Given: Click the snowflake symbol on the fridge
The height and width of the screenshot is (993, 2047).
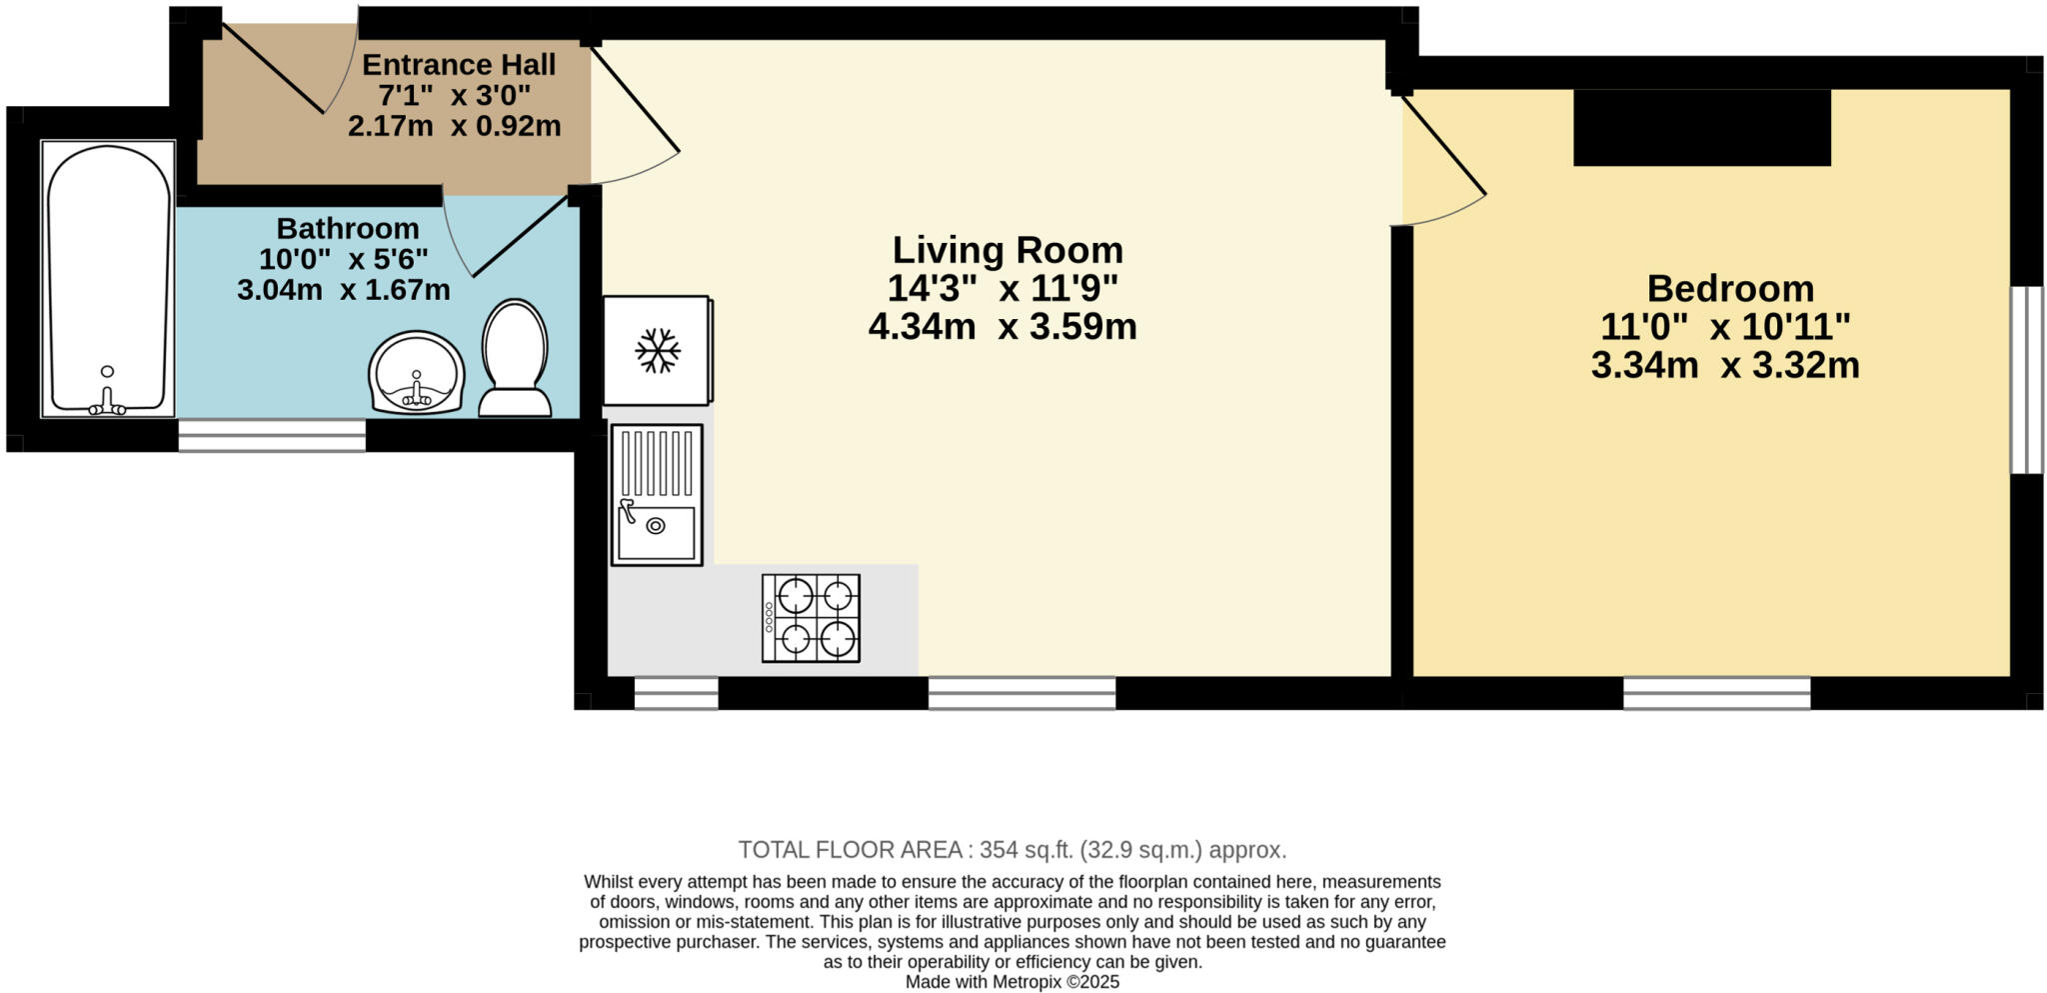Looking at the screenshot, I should click(x=658, y=351).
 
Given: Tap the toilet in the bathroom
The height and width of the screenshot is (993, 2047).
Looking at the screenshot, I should click(x=515, y=358).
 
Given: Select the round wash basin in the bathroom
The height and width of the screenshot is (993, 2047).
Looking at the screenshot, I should click(x=417, y=373).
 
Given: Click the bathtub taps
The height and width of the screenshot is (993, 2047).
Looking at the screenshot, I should click(x=107, y=404).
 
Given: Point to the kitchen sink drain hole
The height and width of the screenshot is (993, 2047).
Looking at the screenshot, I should click(x=656, y=525).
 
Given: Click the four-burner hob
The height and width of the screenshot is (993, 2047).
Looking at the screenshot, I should click(x=811, y=617).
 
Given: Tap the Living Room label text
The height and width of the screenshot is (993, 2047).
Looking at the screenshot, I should click(x=1007, y=250).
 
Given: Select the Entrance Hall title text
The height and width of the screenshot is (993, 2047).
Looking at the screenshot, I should click(x=459, y=65).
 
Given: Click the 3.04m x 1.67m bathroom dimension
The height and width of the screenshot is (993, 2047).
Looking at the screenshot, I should click(x=344, y=291).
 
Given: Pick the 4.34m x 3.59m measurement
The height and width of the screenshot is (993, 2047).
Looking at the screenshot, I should click(x=1003, y=327).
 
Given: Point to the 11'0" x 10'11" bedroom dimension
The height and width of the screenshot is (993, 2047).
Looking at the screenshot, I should click(x=1725, y=327).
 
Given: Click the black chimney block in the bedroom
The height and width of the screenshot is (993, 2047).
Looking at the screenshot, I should click(x=1701, y=127).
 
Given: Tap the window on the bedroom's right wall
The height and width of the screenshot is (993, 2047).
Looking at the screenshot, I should click(x=2026, y=380).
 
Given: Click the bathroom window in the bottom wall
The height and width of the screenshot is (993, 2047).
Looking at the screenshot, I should click(x=272, y=435).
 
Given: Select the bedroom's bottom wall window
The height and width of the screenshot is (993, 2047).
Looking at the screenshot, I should click(x=1716, y=692).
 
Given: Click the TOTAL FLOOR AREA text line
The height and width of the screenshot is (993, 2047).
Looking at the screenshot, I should click(x=1012, y=850).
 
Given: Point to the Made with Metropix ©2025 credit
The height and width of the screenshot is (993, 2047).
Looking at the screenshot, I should click(x=1012, y=982).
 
